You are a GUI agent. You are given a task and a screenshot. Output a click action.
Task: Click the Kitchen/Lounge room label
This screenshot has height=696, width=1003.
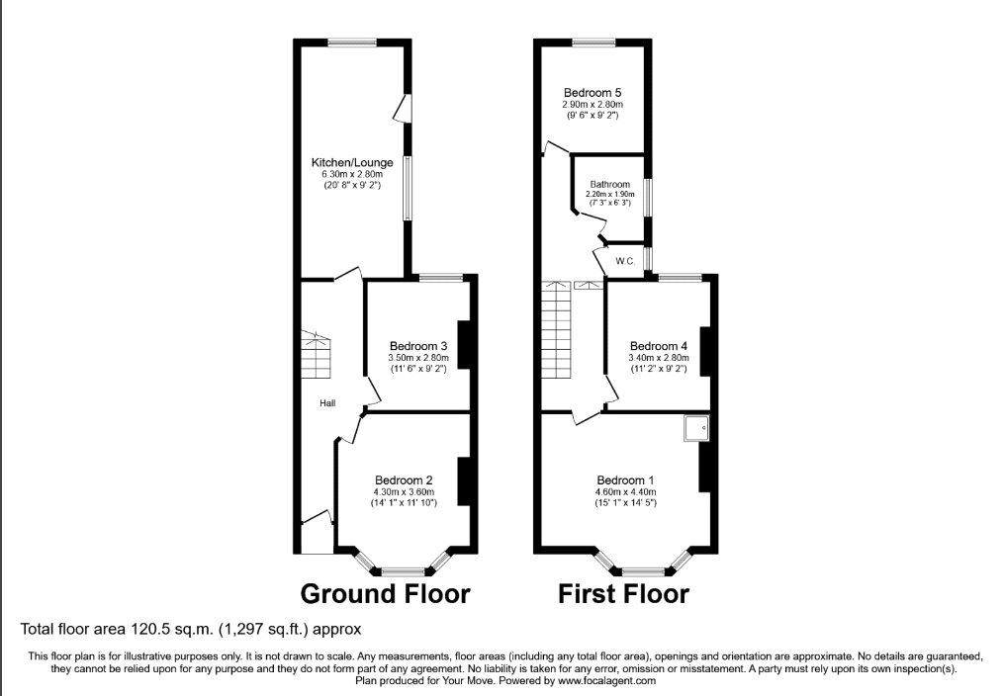click(x=352, y=162)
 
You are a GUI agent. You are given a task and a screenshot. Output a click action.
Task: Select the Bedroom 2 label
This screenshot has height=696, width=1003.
click(x=404, y=479)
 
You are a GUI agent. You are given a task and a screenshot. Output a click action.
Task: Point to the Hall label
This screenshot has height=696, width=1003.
click(x=327, y=403)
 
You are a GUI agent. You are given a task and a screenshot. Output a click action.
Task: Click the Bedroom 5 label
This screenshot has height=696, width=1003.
click(x=593, y=93)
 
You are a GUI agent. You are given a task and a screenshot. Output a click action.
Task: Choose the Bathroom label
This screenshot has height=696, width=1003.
click(x=609, y=184)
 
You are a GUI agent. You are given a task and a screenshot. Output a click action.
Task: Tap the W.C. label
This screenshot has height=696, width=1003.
click(x=625, y=261)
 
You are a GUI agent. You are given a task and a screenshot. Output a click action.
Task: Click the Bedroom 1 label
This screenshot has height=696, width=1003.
click(x=625, y=479)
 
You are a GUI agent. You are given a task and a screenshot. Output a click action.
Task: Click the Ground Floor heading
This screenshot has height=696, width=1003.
click(x=385, y=594)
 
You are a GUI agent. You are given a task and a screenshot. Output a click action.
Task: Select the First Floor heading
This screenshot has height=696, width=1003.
click(x=624, y=594)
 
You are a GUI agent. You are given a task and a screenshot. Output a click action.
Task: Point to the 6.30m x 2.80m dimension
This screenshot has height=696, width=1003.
click(x=352, y=174)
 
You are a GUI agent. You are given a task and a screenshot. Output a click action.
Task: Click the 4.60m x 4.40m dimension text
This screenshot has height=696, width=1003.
click(x=625, y=491)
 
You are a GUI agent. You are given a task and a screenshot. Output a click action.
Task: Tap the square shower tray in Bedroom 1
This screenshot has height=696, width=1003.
click(x=696, y=428)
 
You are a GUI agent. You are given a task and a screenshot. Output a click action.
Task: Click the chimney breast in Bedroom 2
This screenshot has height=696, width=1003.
click(x=464, y=481)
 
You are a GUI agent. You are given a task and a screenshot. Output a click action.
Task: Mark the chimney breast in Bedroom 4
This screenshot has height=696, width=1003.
click(x=705, y=351)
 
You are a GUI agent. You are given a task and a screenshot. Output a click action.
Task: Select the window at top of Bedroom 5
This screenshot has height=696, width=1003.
click(x=593, y=43)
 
